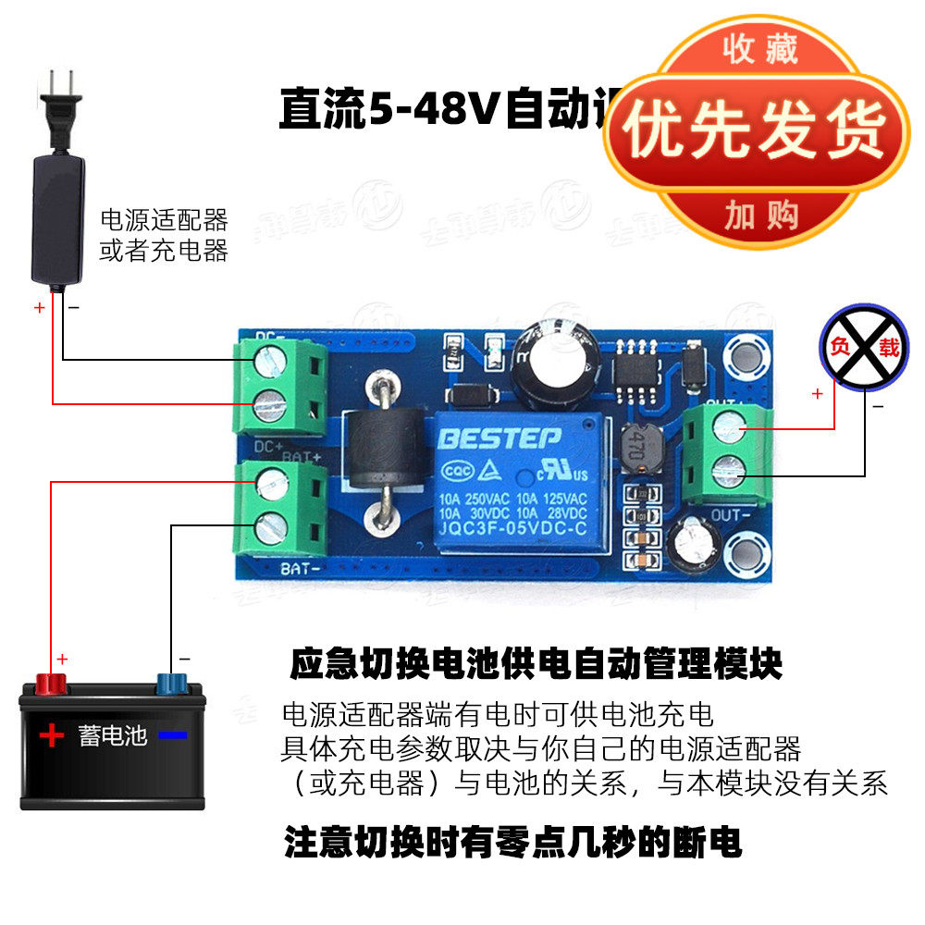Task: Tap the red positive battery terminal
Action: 49,684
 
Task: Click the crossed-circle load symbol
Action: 861,348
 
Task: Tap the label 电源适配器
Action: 164,220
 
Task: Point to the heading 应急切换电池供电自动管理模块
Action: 536,663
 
